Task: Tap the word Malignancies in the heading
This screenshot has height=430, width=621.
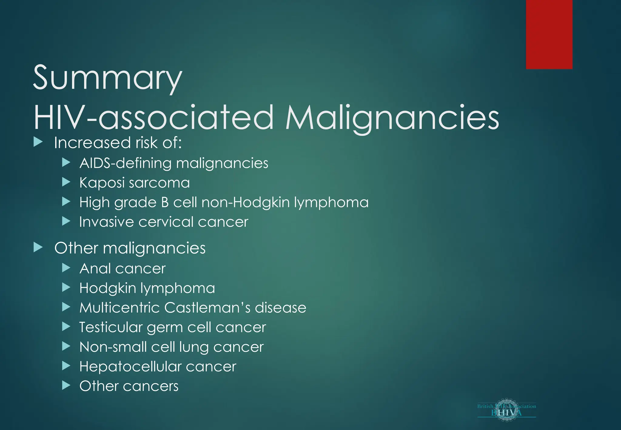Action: point(392,118)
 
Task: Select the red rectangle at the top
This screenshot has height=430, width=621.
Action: point(549,34)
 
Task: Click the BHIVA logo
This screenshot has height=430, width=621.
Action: point(506,410)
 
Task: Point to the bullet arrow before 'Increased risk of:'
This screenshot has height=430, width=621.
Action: point(38,142)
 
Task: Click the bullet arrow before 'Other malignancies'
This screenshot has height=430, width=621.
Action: point(38,247)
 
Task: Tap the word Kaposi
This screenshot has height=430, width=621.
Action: point(102,183)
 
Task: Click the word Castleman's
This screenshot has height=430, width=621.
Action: point(207,307)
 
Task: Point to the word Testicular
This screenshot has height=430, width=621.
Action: point(111,327)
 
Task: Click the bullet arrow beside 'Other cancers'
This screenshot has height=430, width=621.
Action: point(66,385)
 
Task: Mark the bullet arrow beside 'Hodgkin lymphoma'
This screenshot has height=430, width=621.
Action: point(66,287)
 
